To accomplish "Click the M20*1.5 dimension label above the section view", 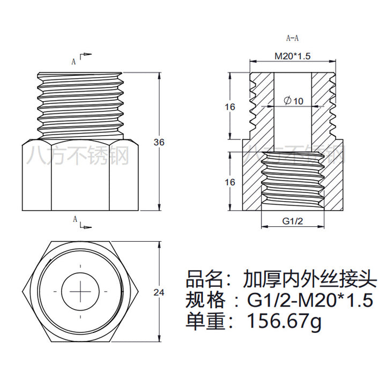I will (293, 56).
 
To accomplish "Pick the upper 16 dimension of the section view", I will (230, 107).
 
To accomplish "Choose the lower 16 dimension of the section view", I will (230, 182).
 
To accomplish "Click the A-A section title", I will (293, 38).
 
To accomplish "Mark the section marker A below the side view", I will (75, 219).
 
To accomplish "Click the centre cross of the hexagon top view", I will (81, 292).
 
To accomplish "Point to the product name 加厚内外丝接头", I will (309, 279).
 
